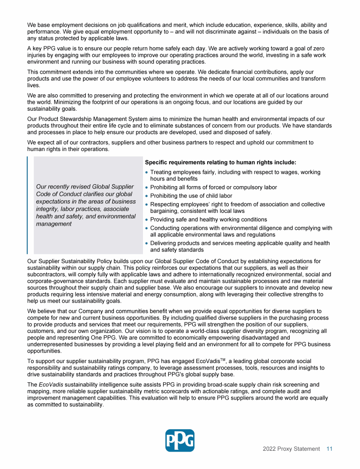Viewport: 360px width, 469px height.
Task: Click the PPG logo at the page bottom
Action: (x=180, y=440)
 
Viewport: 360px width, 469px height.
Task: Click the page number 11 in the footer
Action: (x=330, y=449)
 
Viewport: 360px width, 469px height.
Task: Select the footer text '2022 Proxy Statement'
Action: (x=291, y=449)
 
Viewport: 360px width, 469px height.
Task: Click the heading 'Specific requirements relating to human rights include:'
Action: (x=220, y=162)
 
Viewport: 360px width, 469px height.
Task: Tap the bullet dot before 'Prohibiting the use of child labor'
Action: (x=147, y=196)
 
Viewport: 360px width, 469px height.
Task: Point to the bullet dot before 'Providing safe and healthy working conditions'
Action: (x=147, y=219)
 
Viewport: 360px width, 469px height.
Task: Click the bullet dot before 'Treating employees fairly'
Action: (x=147, y=173)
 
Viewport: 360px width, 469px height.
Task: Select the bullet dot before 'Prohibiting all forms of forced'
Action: (x=147, y=188)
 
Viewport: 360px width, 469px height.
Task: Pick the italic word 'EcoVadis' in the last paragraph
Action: (x=51, y=385)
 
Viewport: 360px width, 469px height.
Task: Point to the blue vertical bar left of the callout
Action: (x=28, y=205)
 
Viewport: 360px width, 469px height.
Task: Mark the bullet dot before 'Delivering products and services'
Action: (x=147, y=243)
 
